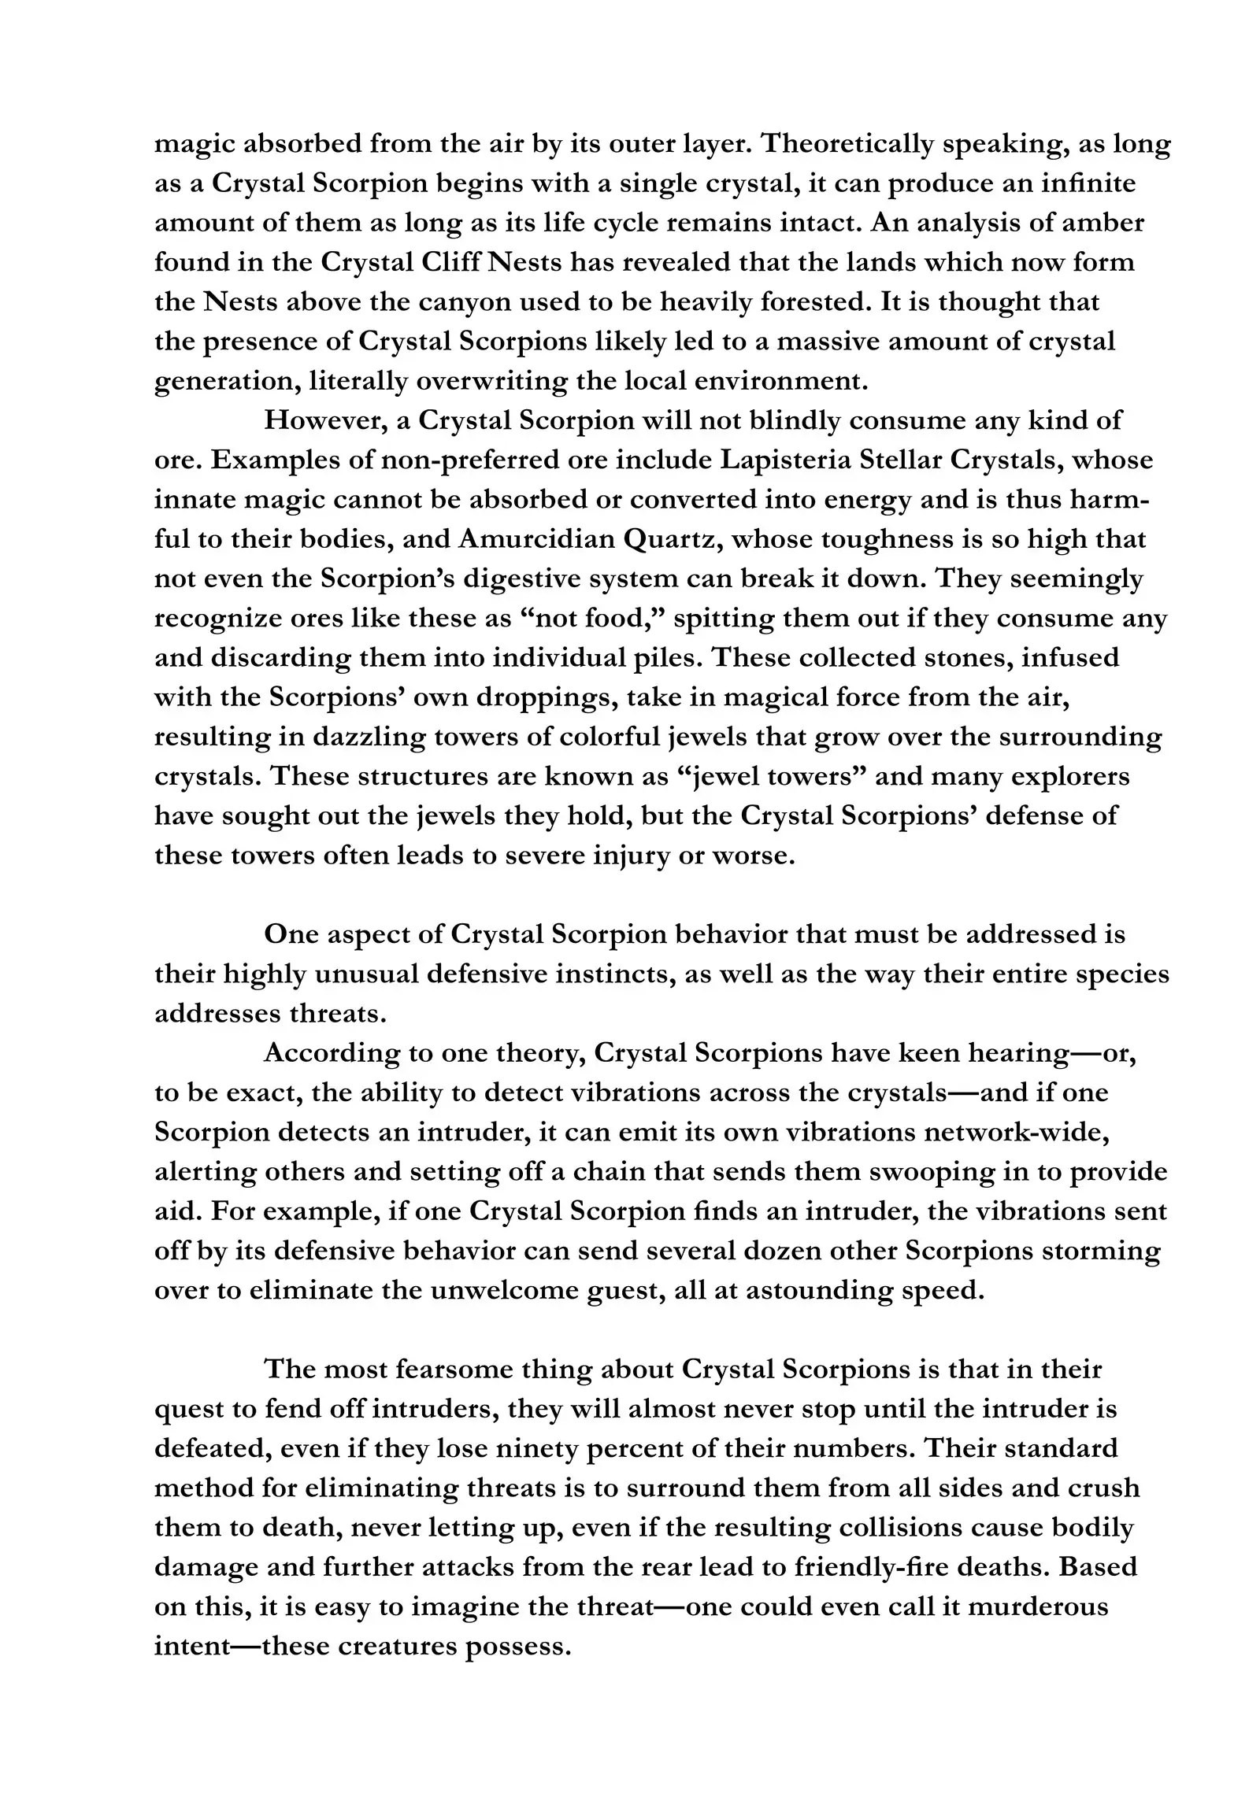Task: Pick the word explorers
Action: [1070, 776]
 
